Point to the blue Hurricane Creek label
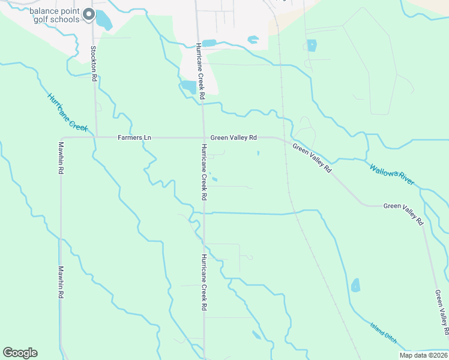point(68,112)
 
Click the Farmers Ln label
point(134,137)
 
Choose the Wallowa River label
point(391,174)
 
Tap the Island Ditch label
point(383,331)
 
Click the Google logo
point(20,353)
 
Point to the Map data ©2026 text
point(423,355)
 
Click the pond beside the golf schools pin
point(104,20)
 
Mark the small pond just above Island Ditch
point(355,285)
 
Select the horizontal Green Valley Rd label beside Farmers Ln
point(234,137)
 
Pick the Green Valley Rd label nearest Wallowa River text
point(312,158)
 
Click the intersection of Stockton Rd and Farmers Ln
point(94,137)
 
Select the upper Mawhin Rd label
point(61,158)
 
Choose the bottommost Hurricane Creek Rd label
point(205,282)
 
